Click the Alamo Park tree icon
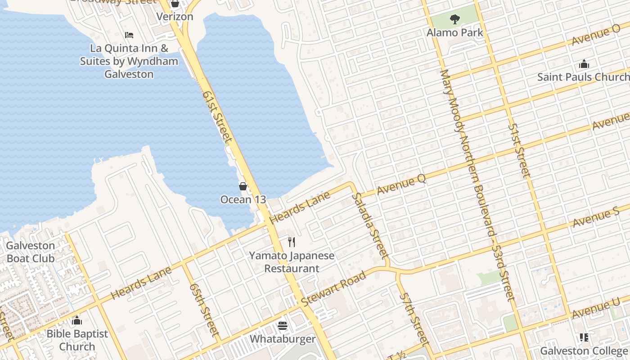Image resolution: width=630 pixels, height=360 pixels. tap(455, 19)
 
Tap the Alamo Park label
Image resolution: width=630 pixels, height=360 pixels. tap(455, 32)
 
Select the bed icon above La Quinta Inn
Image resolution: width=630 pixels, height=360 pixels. tap(129, 35)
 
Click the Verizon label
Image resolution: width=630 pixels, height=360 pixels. tap(175, 17)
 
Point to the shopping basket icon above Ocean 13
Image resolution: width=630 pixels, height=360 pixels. tap(243, 186)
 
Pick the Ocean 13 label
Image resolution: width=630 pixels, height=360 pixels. tap(243, 199)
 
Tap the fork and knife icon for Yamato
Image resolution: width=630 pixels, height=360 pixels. tap(292, 242)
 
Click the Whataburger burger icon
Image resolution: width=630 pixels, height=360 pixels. tap(283, 325)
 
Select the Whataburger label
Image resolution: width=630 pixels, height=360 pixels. tap(283, 338)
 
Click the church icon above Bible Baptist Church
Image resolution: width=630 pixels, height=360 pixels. tap(77, 320)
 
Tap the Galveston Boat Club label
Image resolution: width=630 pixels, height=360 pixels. tap(31, 252)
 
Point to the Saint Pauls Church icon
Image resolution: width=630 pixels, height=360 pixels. tap(584, 64)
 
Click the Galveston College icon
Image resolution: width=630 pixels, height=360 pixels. tap(584, 337)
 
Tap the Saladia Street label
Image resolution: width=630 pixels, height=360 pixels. tap(371, 226)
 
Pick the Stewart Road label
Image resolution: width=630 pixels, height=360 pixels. tap(333, 288)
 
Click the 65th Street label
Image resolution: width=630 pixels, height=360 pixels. tap(204, 310)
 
